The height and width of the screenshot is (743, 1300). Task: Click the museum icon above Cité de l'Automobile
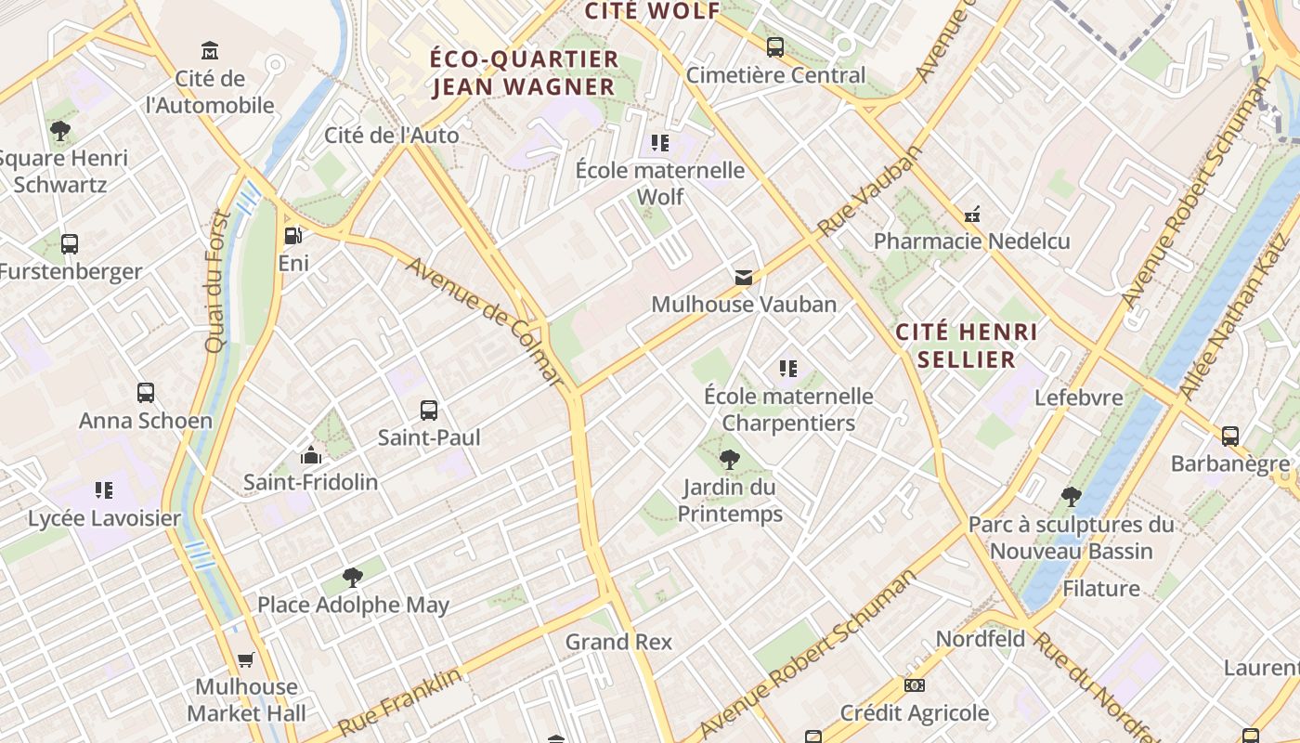210,49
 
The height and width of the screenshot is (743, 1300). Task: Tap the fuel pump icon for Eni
292,236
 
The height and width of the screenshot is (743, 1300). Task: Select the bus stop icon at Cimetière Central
775,46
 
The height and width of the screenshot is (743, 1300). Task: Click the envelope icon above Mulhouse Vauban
744,277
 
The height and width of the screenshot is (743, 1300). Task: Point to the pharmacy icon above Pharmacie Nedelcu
972,215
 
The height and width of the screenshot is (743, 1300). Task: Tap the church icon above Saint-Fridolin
311,455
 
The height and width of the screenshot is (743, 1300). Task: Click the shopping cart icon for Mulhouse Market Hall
246,660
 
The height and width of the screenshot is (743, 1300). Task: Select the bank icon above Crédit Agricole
915,685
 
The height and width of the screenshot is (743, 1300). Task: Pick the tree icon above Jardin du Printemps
730,459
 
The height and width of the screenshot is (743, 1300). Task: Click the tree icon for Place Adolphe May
353,578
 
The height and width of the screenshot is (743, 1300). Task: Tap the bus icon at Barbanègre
1230,436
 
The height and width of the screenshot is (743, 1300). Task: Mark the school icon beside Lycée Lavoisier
104,490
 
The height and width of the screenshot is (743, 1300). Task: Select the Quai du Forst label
217,281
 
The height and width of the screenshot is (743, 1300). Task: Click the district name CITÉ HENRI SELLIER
967,345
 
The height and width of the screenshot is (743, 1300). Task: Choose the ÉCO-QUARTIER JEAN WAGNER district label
524,72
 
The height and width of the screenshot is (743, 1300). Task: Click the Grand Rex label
618,642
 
